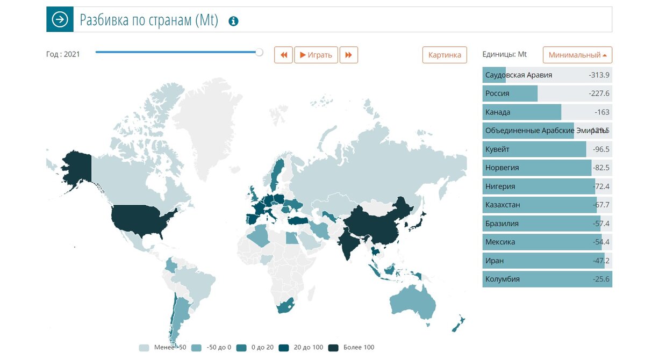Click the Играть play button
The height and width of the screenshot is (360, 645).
(x=316, y=55)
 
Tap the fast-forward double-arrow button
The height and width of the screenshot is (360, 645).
(x=348, y=55)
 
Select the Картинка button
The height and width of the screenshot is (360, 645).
(x=445, y=55)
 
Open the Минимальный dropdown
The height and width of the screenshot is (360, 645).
(x=577, y=55)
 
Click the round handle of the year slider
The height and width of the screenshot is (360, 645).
(x=260, y=52)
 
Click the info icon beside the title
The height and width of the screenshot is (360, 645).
(x=233, y=21)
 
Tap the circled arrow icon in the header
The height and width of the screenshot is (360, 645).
(x=60, y=20)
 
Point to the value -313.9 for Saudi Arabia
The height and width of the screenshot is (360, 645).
(x=599, y=75)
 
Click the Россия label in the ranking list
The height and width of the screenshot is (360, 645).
(x=497, y=93)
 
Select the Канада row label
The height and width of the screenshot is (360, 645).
(x=498, y=112)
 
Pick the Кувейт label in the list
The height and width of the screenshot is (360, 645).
(x=497, y=149)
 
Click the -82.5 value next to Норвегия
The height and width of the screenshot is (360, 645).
(x=601, y=168)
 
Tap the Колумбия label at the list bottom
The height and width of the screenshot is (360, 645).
(x=502, y=279)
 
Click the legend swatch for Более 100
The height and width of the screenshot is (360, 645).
(x=333, y=348)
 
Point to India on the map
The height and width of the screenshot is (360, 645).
(x=351, y=242)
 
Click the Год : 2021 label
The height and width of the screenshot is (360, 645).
(x=63, y=54)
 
